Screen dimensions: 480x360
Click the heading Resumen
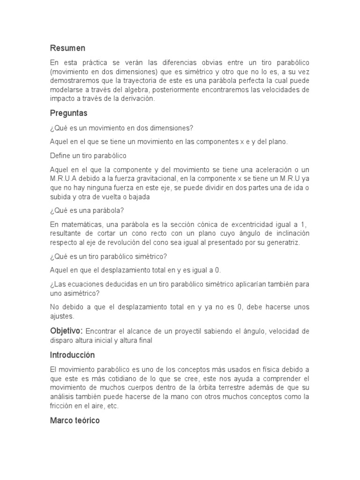pos(67,48)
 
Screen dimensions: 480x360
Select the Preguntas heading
pos(69,113)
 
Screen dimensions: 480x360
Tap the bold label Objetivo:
pos(67,331)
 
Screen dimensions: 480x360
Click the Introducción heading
pos(72,355)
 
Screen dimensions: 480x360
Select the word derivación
pos(135,98)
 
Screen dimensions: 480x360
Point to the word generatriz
pos(281,242)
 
